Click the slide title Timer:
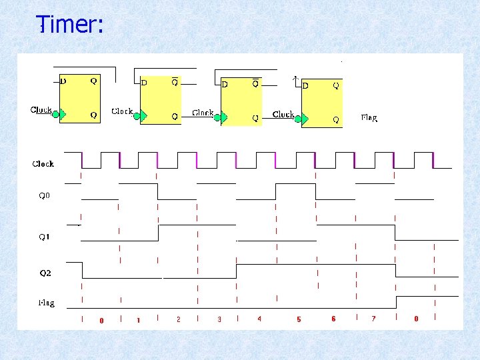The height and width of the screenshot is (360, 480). click(70, 25)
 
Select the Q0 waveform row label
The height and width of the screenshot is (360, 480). click(44, 196)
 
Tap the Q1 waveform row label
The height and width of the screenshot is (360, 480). click(44, 237)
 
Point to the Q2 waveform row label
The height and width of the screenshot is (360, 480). click(45, 273)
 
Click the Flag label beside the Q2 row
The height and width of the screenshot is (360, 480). click(45, 303)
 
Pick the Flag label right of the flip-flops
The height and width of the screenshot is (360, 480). click(369, 117)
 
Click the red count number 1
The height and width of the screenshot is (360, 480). click(139, 321)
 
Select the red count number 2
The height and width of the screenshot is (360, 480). click(179, 320)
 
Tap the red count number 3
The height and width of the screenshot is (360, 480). click(219, 320)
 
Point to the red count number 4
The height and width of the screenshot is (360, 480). click(259, 319)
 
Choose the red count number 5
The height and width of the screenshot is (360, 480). click(299, 320)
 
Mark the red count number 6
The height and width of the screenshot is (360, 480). click(333, 319)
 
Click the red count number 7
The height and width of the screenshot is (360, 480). click(373, 319)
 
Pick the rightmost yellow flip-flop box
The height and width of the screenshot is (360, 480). click(321, 103)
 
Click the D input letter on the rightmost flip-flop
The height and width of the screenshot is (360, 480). click(305, 85)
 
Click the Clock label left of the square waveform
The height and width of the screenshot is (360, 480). click(43, 163)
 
